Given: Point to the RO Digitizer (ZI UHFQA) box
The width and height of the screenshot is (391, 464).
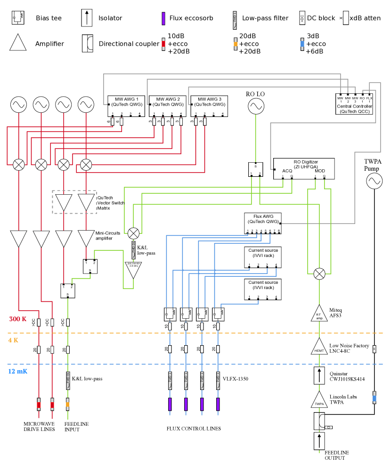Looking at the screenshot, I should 304,168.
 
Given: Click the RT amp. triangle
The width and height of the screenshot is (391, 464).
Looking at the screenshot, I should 319,314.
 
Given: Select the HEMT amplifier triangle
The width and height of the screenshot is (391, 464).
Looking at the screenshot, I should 319,347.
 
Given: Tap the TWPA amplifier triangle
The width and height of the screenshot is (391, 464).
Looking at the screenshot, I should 319,400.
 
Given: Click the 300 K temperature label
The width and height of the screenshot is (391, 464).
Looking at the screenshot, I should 18,319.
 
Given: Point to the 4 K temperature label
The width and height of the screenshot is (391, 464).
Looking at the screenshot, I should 13,340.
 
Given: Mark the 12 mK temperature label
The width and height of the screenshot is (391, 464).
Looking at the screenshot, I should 17,371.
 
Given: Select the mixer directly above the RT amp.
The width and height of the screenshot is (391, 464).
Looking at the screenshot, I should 319,274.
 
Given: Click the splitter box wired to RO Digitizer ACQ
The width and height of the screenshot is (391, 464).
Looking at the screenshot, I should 255,170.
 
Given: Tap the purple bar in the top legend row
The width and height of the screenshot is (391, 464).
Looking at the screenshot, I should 163,18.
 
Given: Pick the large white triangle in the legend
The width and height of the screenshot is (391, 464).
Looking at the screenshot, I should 18,43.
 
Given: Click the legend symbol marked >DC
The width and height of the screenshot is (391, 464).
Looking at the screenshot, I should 302,18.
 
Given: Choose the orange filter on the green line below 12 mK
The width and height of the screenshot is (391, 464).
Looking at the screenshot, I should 68,404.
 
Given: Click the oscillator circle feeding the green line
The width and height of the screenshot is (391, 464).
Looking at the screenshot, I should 256,106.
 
